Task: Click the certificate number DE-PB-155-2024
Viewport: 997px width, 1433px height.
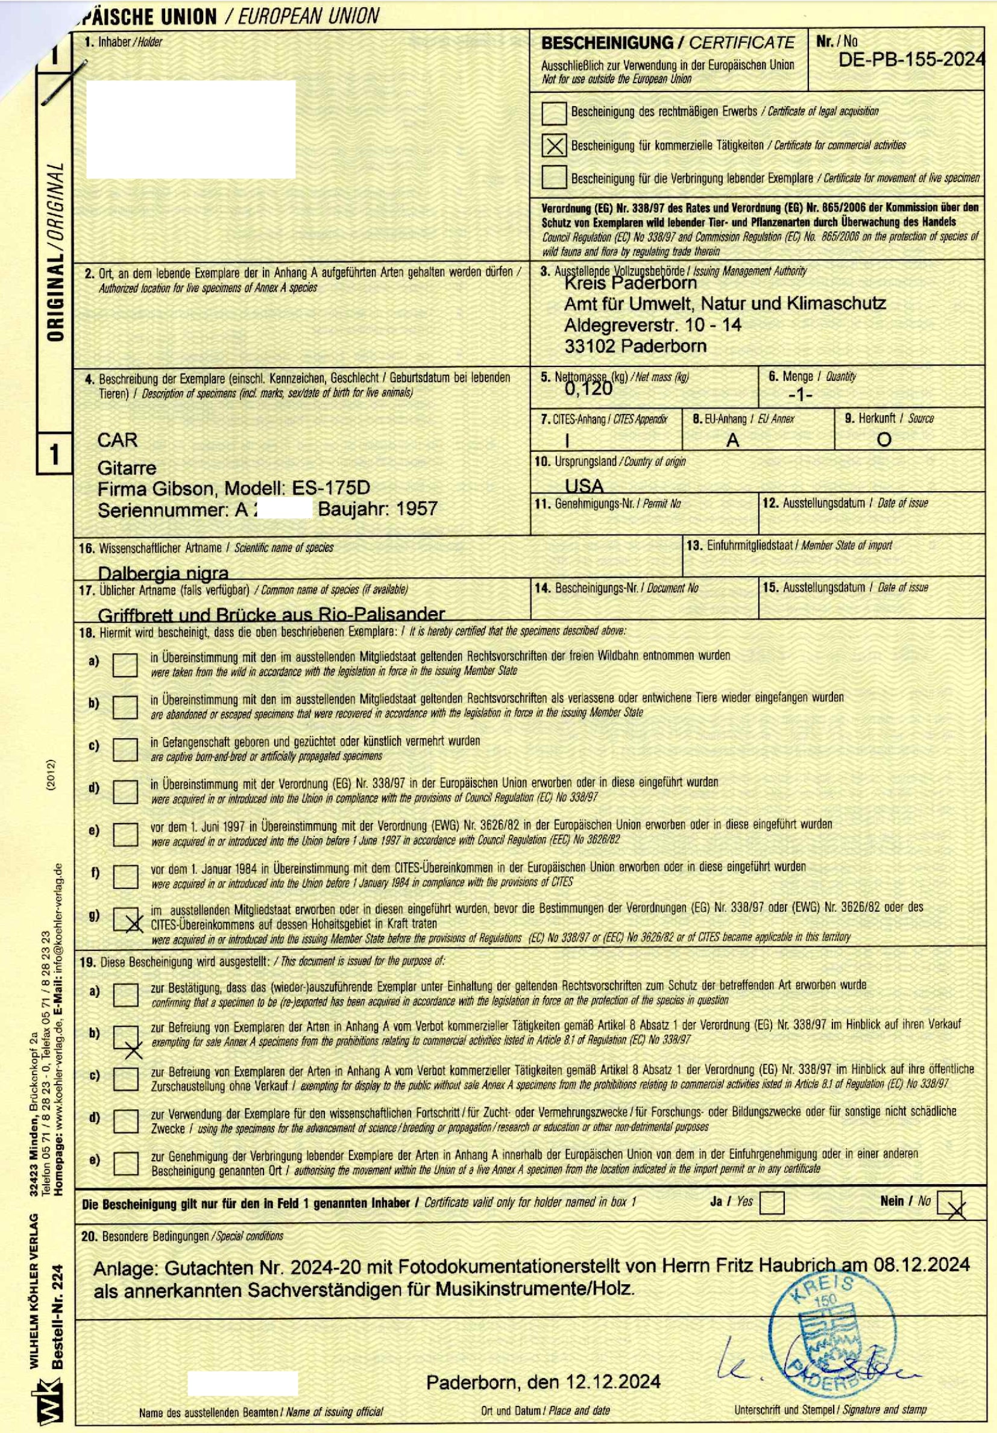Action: click(x=911, y=60)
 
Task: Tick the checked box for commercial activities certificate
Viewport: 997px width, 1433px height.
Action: click(x=554, y=145)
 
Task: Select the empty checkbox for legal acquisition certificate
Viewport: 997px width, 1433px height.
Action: click(x=554, y=113)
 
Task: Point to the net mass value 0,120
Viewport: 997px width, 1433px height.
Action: click(x=588, y=389)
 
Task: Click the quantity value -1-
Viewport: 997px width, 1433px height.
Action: click(x=800, y=396)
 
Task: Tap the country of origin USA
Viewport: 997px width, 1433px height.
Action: click(x=583, y=486)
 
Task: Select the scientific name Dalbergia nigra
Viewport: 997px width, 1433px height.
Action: click(x=163, y=572)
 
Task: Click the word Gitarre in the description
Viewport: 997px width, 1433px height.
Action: click(x=127, y=468)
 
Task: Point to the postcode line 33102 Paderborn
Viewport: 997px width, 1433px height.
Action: click(x=635, y=346)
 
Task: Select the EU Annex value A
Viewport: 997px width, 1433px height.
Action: click(x=732, y=441)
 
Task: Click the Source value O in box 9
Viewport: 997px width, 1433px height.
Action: click(x=884, y=440)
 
